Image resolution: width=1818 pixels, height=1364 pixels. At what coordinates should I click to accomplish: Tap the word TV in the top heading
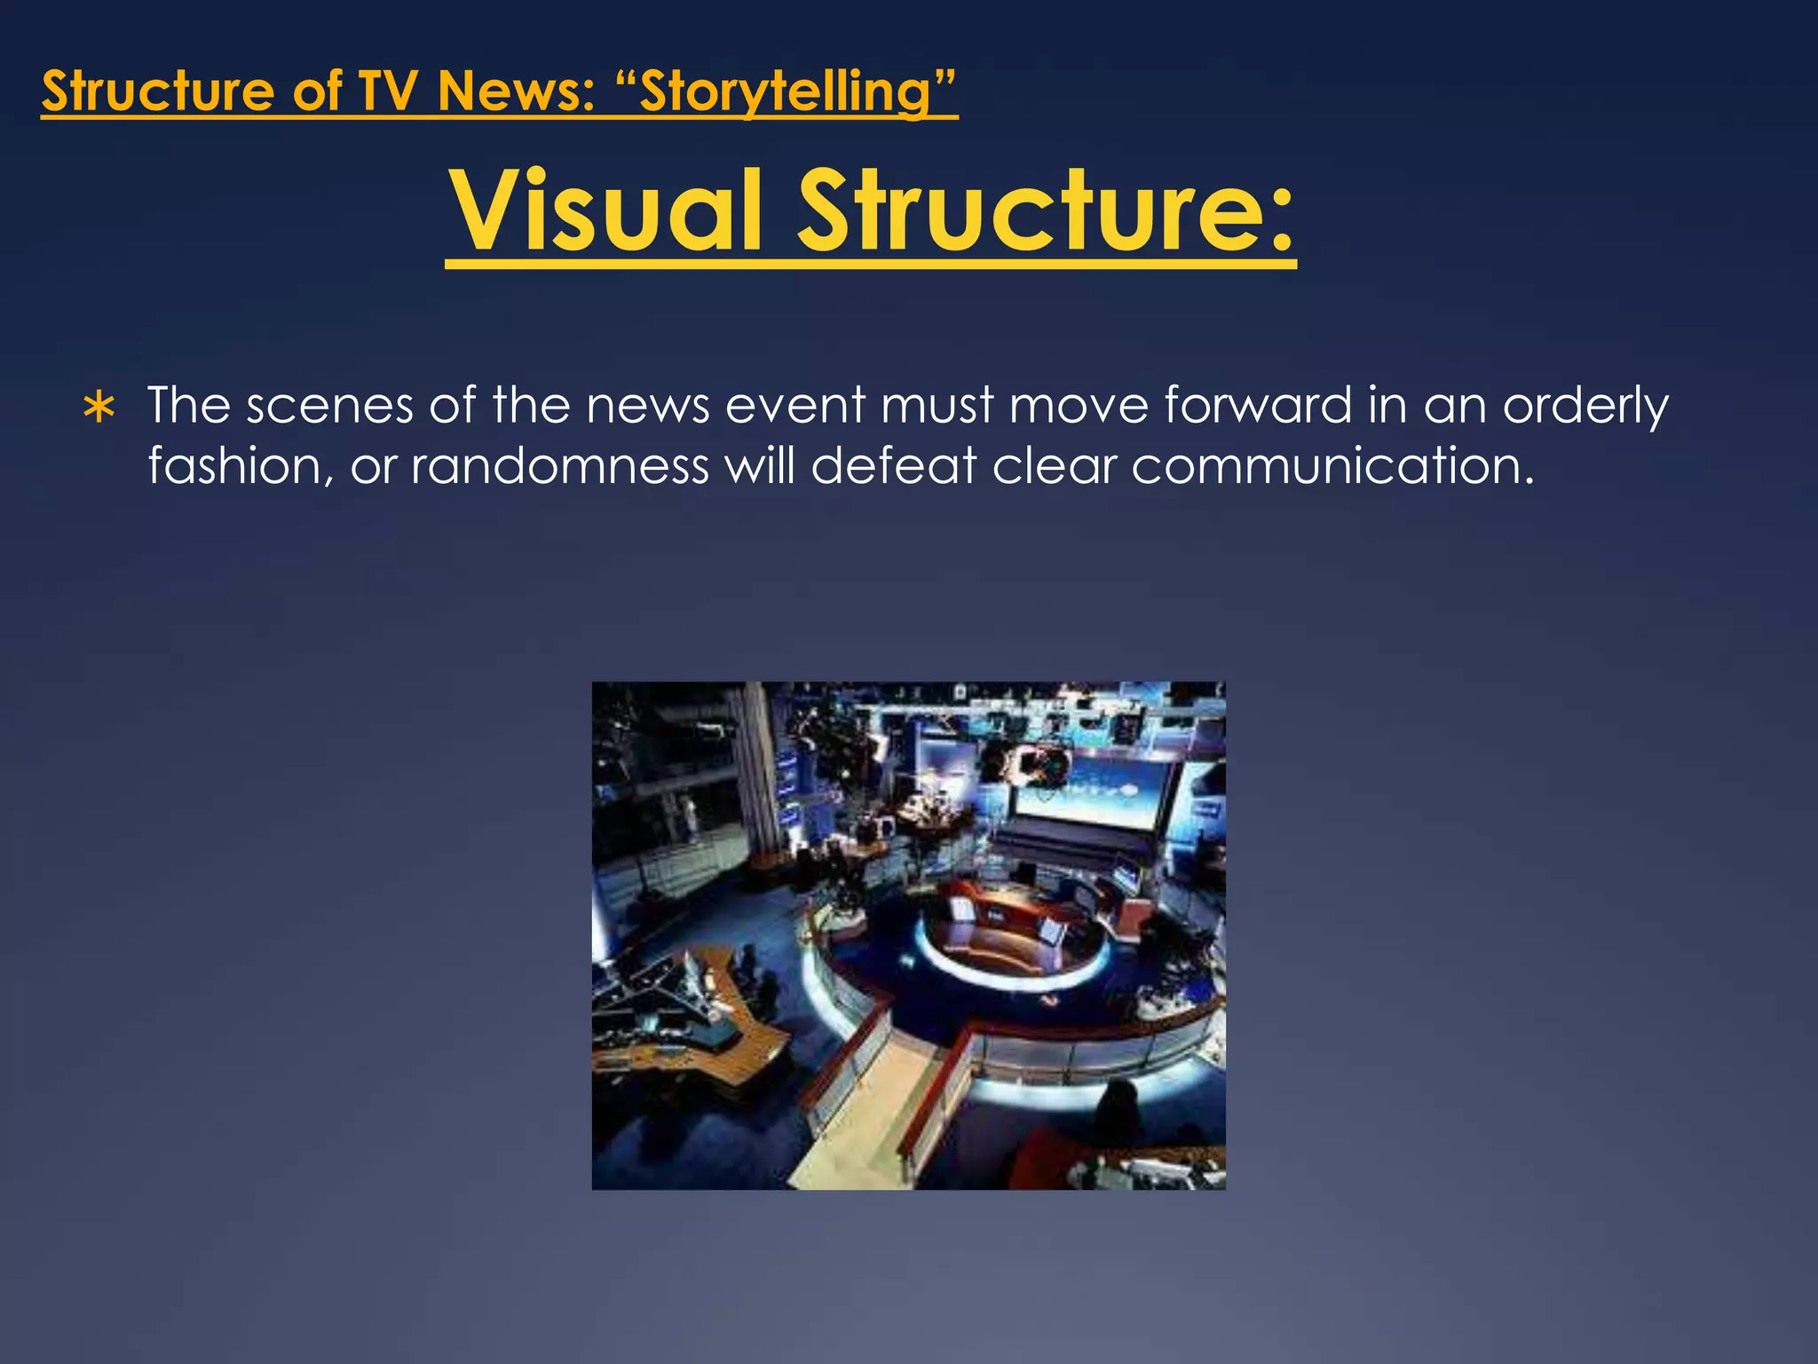tap(391, 91)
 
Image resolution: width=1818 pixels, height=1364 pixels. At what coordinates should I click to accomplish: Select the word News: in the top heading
tap(516, 91)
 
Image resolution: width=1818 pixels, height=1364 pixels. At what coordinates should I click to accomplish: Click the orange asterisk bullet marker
tap(99, 408)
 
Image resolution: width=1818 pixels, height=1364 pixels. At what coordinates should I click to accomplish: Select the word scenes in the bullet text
tap(329, 406)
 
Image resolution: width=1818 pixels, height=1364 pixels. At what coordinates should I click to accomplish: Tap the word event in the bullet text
tap(794, 406)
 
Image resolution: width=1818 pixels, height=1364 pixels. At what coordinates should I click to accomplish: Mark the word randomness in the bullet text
tap(559, 465)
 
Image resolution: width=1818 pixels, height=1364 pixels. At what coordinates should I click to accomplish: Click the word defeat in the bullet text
tap(893, 465)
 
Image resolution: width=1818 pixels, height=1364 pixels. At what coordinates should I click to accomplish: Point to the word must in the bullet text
tap(937, 406)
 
